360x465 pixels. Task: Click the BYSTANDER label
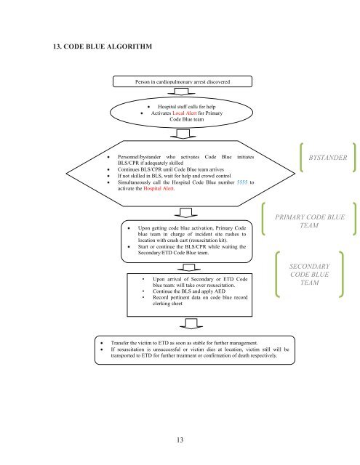tap(328, 158)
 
